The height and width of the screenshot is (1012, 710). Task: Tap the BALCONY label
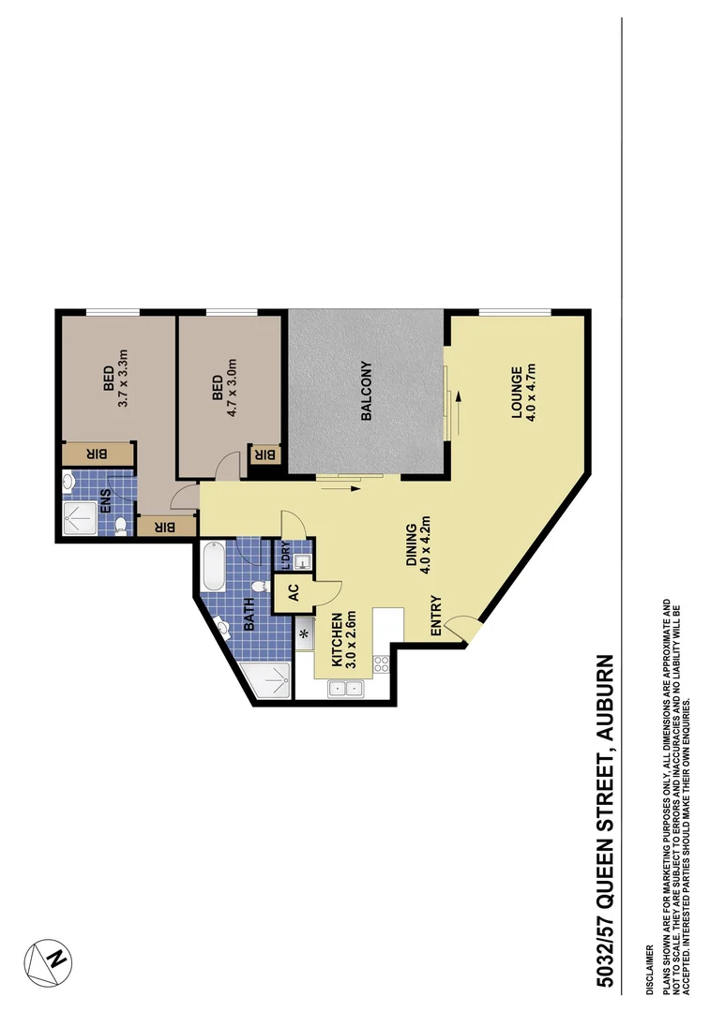pos(366,391)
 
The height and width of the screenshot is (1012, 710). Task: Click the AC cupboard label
pos(293,592)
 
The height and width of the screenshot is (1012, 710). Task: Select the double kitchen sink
pos(343,690)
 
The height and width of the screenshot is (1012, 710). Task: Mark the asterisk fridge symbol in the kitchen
pos(305,634)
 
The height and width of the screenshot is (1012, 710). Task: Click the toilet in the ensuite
pos(120,527)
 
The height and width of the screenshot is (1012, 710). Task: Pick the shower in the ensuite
pos(77,518)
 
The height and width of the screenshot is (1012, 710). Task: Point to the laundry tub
pos(302,562)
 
